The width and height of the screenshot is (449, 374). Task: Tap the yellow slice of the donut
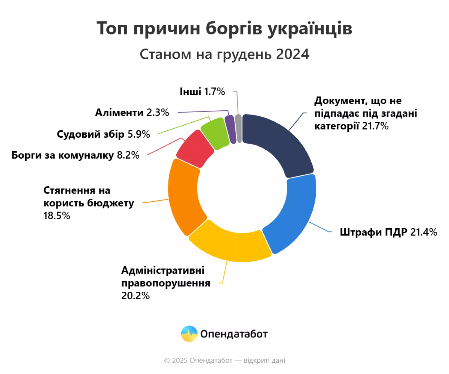(x=230, y=244)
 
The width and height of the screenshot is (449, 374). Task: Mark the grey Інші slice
(x=238, y=128)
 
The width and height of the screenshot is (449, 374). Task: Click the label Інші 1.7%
(x=202, y=92)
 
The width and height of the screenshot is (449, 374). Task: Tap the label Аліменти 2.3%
(x=132, y=112)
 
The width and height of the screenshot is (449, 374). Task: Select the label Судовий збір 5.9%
(x=103, y=134)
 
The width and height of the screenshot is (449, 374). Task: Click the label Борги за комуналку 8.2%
(x=75, y=155)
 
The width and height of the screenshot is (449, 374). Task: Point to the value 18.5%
(x=57, y=216)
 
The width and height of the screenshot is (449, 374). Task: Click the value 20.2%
(x=135, y=296)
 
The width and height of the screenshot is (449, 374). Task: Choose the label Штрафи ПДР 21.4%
(x=388, y=232)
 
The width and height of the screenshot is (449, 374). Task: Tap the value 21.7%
(x=375, y=126)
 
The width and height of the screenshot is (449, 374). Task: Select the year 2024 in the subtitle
(x=292, y=54)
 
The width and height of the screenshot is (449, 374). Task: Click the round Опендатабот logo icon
(x=189, y=334)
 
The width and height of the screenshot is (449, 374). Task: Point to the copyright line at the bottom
(x=224, y=361)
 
